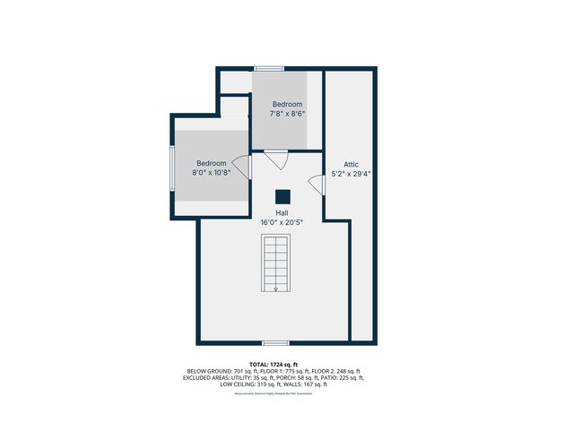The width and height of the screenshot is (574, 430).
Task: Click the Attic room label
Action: [x=351, y=164]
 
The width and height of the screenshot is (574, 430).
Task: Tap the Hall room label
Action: [x=282, y=212]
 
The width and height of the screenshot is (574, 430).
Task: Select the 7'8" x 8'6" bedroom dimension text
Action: [x=288, y=114]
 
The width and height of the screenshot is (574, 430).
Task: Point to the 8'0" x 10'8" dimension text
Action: [x=212, y=173]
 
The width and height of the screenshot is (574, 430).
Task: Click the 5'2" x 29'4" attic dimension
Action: [x=351, y=174]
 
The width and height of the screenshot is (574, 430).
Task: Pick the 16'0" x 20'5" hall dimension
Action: [x=282, y=222]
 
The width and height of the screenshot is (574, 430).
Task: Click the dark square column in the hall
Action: [x=283, y=197]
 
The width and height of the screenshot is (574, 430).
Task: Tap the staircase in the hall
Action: [x=276, y=262]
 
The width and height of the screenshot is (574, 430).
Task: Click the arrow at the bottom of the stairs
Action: [x=276, y=287]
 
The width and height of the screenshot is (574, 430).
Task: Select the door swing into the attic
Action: [x=316, y=184]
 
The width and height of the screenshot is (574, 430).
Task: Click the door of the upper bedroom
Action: [x=275, y=160]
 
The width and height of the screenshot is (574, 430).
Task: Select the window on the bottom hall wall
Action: [x=275, y=343]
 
